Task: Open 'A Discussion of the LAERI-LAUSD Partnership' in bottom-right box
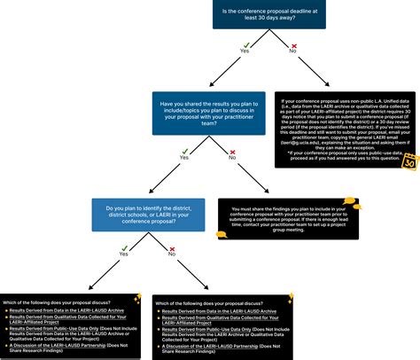(215, 345)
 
